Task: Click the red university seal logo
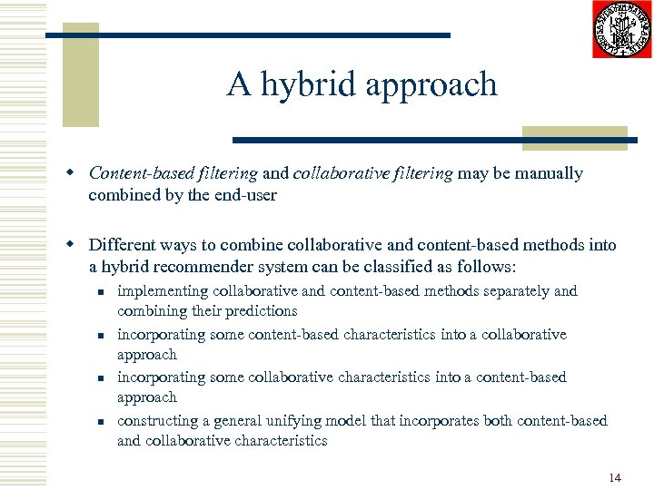coord(621,29)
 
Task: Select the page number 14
coord(615,477)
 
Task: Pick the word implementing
coord(163,291)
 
